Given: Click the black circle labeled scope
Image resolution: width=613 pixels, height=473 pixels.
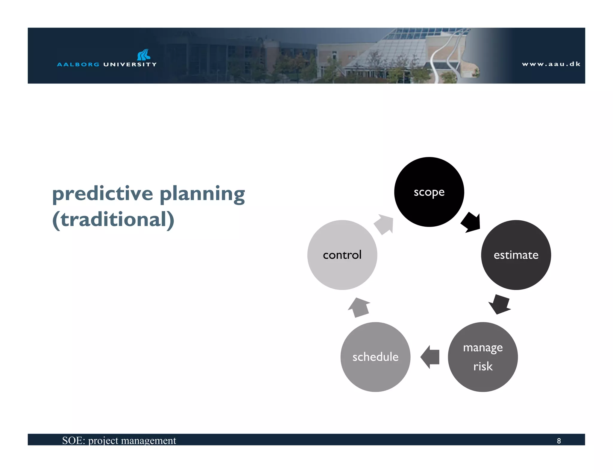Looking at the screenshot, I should click(x=429, y=192).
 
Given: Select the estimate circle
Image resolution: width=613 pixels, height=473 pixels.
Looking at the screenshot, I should click(x=516, y=255).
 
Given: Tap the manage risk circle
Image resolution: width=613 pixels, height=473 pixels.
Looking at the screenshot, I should click(x=482, y=357).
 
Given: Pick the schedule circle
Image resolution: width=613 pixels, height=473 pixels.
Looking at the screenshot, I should click(x=375, y=357).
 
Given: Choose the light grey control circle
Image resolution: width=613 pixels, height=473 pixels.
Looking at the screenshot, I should click(x=342, y=255).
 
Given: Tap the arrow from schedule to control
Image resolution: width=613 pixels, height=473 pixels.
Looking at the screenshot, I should click(x=359, y=307).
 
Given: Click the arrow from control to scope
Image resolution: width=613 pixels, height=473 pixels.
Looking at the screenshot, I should click(x=384, y=224).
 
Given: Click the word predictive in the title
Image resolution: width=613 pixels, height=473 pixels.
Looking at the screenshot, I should click(x=103, y=193).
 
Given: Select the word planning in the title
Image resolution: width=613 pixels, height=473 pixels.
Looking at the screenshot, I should click(x=202, y=194).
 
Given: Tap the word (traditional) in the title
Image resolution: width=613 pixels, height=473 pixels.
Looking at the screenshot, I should click(x=113, y=219).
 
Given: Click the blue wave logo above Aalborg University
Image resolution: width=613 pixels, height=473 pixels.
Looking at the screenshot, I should click(x=144, y=55).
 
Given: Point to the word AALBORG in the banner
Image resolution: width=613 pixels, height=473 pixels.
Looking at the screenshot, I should click(x=78, y=64).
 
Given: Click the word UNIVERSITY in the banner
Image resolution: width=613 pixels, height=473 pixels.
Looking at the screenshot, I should click(x=130, y=64).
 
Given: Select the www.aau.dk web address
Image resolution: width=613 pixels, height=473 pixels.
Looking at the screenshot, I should click(x=551, y=64).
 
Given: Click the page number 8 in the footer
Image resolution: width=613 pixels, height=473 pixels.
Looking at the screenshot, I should click(x=559, y=441).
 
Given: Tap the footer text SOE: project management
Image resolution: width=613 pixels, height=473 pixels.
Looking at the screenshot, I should click(x=119, y=440).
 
